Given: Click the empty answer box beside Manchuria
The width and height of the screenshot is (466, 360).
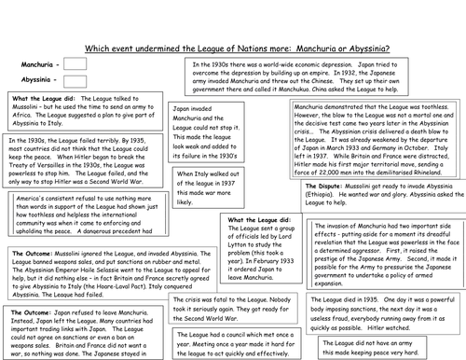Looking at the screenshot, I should pyautogui.click(x=75, y=63).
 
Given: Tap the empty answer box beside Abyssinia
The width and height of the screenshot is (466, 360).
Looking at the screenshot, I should pyautogui.click(x=75, y=81).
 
